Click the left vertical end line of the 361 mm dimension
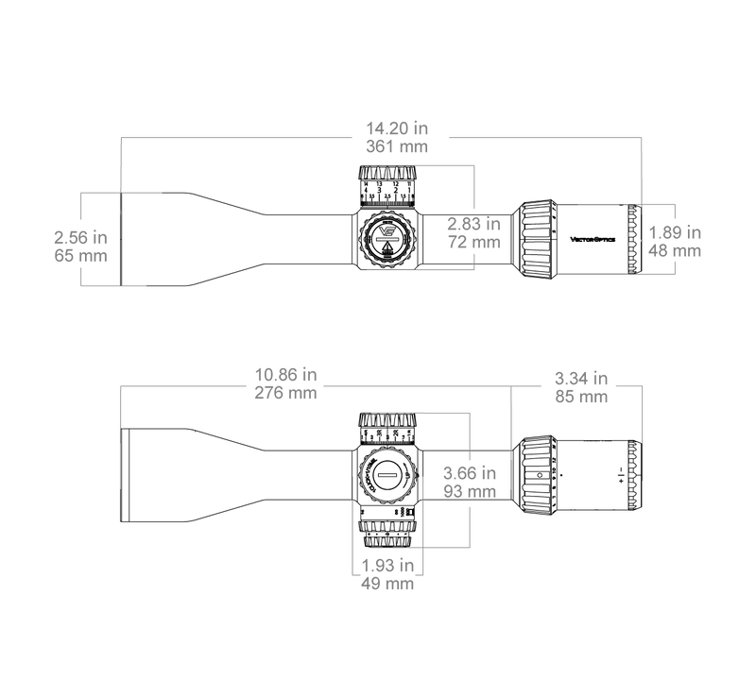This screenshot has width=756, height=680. coord(120,165)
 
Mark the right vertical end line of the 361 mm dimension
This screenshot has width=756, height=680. coord(644,170)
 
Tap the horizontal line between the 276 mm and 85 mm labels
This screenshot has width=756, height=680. coord(435,385)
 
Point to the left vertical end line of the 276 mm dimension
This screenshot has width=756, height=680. coord(120,434)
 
